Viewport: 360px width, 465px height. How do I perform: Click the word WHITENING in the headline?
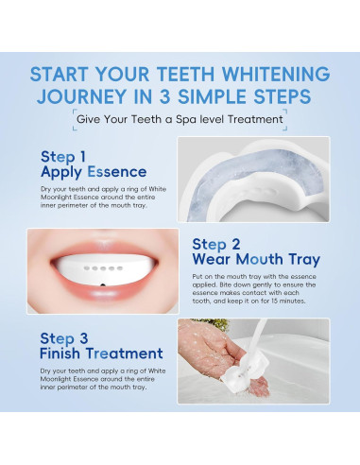(276, 75)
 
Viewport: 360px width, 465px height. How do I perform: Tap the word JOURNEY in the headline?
(81, 96)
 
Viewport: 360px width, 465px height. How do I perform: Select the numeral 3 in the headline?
(164, 96)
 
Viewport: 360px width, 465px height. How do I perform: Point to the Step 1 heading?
(63, 157)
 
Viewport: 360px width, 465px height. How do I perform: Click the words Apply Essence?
(94, 172)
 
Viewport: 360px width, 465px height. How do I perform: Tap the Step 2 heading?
(216, 244)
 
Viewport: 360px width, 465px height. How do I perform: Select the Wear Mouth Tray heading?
(256, 259)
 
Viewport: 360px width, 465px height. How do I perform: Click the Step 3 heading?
(64, 338)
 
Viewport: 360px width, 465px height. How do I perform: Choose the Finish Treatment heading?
(101, 353)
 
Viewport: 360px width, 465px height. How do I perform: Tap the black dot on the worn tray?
(103, 285)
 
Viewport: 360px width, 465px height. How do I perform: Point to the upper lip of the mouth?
(104, 248)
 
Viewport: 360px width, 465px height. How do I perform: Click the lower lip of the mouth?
(104, 292)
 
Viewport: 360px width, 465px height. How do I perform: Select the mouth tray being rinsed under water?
(243, 370)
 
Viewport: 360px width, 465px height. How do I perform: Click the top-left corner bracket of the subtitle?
(75, 112)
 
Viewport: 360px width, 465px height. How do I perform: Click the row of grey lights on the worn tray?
(103, 268)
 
